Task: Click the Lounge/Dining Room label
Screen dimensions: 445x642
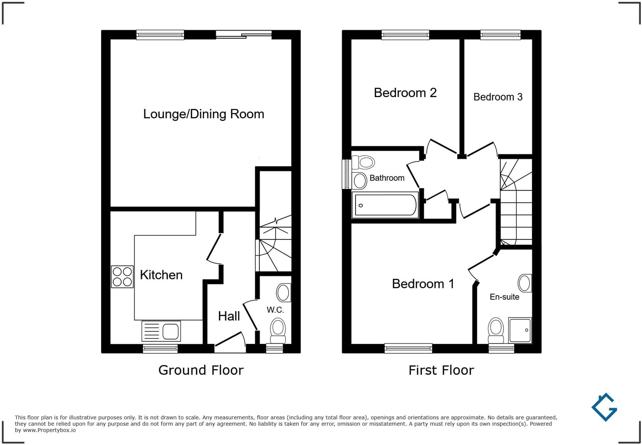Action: coord(204,114)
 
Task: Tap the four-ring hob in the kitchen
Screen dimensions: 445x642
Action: coord(122,276)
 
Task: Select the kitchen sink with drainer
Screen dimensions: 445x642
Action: coord(161,331)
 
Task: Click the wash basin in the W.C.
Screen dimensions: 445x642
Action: coord(283,292)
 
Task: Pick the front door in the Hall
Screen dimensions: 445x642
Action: coord(230,342)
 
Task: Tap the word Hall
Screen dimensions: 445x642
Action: coord(229,316)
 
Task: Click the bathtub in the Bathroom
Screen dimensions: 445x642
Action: coord(385,205)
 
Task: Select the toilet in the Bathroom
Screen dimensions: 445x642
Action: coord(364,162)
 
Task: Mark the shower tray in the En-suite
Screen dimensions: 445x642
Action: coord(520,330)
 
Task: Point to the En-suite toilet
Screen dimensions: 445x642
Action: coord(496,330)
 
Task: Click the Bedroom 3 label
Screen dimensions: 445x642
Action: coord(498,97)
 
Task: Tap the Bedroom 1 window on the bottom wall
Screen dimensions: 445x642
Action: coord(408,348)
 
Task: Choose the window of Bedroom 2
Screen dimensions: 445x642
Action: coord(405,35)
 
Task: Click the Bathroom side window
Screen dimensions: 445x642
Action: coord(347,174)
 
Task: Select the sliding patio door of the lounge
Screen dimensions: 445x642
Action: coord(244,35)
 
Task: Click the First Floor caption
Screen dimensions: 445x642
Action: coord(441,370)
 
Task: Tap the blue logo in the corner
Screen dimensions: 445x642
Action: coord(605,407)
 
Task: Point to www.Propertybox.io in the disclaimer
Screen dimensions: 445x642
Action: coord(49,430)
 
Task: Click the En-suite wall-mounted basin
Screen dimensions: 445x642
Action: coord(525,283)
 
